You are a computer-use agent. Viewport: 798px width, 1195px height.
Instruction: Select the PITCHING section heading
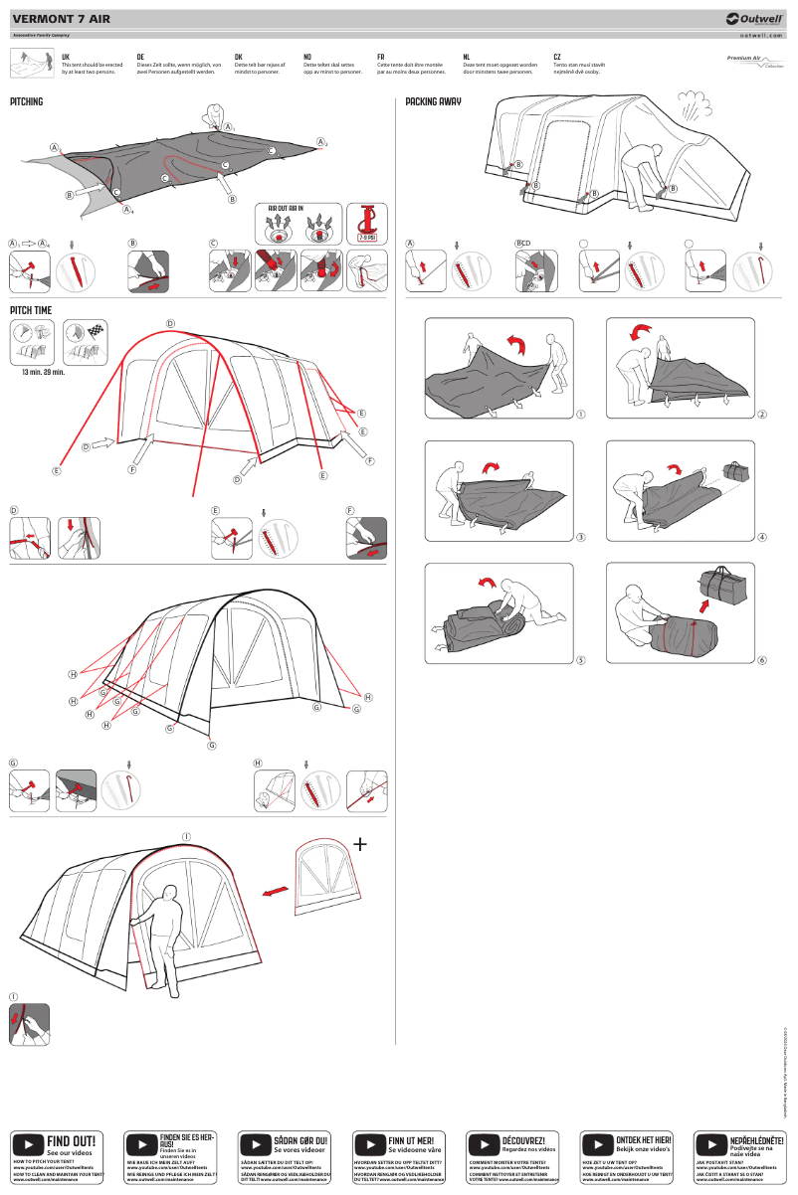27,101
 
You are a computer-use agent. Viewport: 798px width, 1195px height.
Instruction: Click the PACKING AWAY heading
434,101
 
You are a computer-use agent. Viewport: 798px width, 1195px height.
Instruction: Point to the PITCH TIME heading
31,310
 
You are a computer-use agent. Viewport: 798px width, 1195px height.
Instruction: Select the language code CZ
557,58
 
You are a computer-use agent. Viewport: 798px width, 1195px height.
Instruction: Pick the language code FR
381,58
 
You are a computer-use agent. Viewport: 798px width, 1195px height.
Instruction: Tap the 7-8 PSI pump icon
367,222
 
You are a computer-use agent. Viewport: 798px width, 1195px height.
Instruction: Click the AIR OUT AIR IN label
288,209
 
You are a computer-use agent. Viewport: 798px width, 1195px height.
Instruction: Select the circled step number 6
762,659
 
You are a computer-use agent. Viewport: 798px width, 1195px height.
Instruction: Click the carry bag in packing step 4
737,470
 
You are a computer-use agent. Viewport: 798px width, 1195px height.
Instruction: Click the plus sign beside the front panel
359,844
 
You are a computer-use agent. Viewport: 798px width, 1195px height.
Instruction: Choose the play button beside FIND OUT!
28,1144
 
